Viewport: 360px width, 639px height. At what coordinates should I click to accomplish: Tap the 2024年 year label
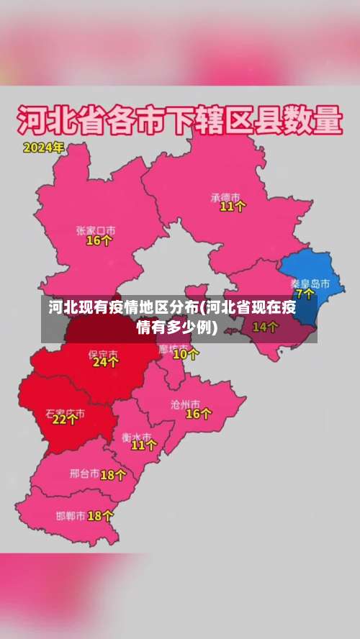[43, 148]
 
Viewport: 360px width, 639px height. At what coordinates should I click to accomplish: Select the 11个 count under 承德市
[233, 207]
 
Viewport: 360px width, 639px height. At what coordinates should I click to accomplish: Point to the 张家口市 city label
[96, 230]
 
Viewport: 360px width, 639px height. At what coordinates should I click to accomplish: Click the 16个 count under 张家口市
[99, 241]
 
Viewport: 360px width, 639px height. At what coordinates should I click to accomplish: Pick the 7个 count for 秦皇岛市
[305, 294]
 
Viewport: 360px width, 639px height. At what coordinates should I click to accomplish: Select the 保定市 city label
[102, 353]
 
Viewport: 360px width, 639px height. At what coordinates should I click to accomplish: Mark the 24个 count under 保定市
[105, 363]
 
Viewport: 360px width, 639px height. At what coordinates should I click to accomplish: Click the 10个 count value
[186, 353]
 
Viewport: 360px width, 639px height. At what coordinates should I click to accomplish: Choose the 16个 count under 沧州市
[199, 414]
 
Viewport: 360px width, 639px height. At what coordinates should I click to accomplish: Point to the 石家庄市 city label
[65, 413]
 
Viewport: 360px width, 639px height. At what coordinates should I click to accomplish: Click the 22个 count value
[65, 420]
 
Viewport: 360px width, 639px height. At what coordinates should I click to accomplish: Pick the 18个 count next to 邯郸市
[100, 515]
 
